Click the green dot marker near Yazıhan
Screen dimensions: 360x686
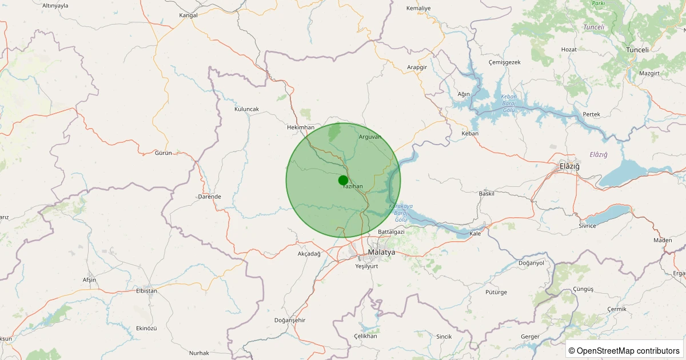[343, 181]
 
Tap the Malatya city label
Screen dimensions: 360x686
[381, 252]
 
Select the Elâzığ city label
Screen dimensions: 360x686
[569, 166]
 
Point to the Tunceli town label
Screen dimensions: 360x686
[637, 50]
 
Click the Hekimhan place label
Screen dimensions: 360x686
[301, 127]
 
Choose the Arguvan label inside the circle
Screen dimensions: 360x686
[370, 137]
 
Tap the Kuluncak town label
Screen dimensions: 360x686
[246, 109]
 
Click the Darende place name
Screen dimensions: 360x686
[209, 197]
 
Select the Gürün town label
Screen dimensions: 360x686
[163, 153]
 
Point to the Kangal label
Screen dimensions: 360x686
[188, 15]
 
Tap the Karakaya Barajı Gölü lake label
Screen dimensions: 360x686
[400, 213]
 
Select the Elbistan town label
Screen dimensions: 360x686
[146, 291]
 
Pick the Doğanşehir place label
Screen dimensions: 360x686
[290, 320]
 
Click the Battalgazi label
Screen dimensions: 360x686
[391, 231]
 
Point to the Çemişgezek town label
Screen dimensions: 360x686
[504, 62]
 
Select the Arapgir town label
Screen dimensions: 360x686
[417, 67]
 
